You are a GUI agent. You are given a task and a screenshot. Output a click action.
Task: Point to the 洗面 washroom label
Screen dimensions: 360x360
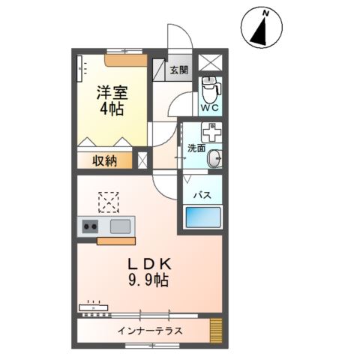(x=196, y=148)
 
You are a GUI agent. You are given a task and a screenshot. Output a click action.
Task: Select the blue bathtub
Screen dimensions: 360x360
(x=203, y=219)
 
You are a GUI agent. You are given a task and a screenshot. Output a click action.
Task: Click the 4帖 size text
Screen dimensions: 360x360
(x=110, y=109)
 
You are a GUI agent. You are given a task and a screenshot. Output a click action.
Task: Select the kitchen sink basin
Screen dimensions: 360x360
(x=121, y=226)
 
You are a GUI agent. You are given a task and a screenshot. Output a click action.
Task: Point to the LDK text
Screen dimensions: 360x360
(x=148, y=264)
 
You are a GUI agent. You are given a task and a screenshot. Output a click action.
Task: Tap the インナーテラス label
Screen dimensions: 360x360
(x=150, y=329)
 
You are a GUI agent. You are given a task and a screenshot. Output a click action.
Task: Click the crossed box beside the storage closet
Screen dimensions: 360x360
(x=143, y=160)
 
